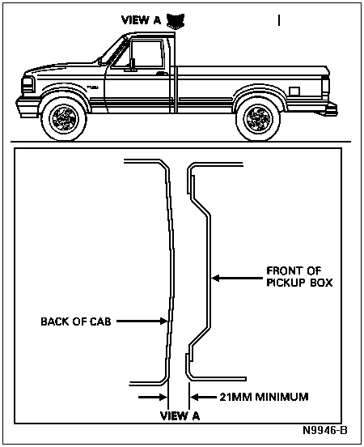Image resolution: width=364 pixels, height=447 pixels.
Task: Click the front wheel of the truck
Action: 64,118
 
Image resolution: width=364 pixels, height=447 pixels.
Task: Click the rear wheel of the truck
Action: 258,118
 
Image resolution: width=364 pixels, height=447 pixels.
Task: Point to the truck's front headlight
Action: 28,84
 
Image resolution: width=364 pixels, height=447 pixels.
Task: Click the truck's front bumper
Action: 27,108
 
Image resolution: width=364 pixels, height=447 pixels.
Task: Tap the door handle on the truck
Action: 162,74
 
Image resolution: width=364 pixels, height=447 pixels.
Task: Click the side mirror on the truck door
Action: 132,64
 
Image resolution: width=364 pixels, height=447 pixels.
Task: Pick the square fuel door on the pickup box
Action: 294,92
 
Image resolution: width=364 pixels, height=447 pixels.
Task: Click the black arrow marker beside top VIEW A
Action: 176,21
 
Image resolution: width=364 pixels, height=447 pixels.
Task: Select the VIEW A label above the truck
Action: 141,20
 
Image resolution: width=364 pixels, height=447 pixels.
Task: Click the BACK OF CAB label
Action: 76,321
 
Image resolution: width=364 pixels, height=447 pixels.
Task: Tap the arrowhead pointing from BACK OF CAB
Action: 163,321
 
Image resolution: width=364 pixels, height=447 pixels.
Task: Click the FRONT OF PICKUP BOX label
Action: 299,276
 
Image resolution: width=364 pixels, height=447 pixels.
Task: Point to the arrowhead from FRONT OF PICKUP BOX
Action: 216,278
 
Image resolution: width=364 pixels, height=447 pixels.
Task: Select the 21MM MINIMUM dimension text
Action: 264,397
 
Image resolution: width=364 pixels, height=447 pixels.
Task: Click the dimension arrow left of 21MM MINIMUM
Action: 153,397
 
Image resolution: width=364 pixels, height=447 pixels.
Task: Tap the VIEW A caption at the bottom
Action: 180,416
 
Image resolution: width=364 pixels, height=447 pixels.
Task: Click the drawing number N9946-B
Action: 325,430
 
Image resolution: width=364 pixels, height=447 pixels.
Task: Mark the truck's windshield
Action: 113,51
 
